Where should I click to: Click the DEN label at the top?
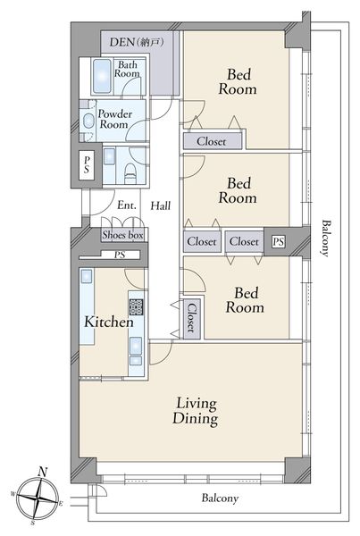pyautogui.click(x=137, y=42)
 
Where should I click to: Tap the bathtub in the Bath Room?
pyautogui.click(x=102, y=76)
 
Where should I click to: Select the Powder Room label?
pyautogui.click(x=115, y=119)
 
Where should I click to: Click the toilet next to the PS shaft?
pyautogui.click(x=130, y=173)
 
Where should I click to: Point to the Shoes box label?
pyautogui.click(x=122, y=235)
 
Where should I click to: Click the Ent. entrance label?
pyautogui.click(x=127, y=205)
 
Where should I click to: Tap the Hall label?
pyautogui.click(x=161, y=205)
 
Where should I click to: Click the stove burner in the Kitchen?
pyautogui.click(x=136, y=307)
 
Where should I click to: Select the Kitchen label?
pyautogui.click(x=109, y=322)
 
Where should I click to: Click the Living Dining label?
pyautogui.click(x=196, y=411)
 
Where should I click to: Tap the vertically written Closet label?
pyautogui.click(x=191, y=318)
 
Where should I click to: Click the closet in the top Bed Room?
pyautogui.click(x=213, y=141)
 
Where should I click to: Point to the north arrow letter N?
pyautogui.click(x=42, y=472)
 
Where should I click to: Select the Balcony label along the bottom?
pyautogui.click(x=220, y=498)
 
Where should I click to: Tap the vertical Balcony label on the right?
pyautogui.click(x=326, y=239)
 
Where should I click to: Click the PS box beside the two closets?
pyautogui.click(x=279, y=242)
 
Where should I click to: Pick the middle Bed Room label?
pyautogui.click(x=238, y=190)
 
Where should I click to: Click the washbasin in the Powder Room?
pyautogui.click(x=89, y=121)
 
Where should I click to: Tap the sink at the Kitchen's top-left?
pyautogui.click(x=86, y=276)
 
